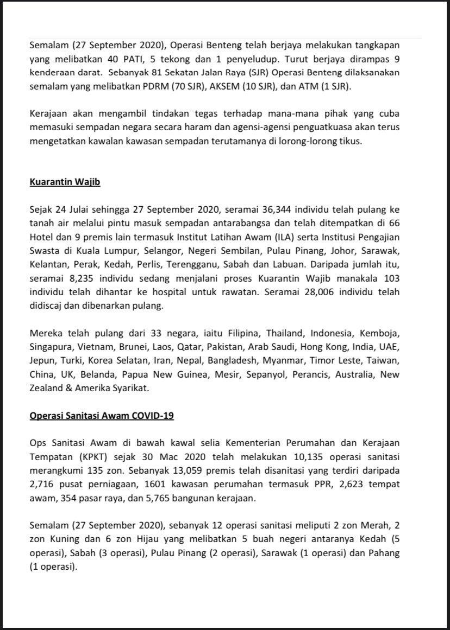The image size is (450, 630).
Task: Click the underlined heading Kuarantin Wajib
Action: point(65,182)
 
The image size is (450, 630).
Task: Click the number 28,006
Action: point(315,291)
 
